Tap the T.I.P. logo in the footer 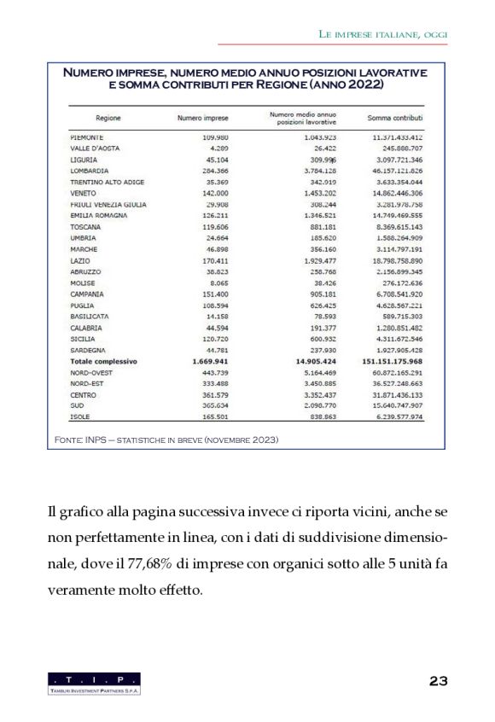[95, 683]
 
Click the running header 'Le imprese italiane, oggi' [383, 33]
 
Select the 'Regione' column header [107, 118]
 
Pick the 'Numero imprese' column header [201, 118]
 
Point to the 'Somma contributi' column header [395, 118]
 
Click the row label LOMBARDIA [90, 171]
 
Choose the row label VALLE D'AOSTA [94, 148]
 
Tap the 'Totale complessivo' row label [103, 361]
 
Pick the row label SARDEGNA [88, 350]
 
